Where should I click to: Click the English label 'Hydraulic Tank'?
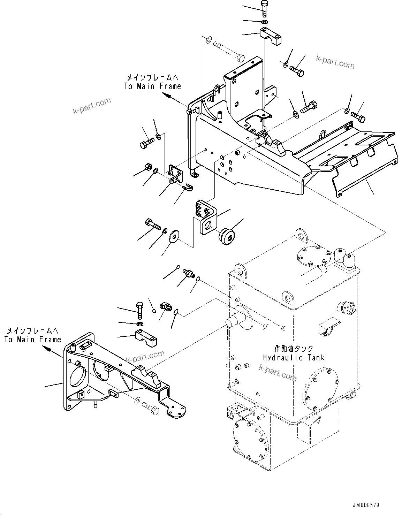(x=294, y=358)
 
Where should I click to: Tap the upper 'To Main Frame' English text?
(x=153, y=86)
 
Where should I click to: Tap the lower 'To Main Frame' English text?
(x=33, y=339)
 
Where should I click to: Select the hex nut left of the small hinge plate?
(x=147, y=167)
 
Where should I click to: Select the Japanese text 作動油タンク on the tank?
(x=294, y=349)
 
